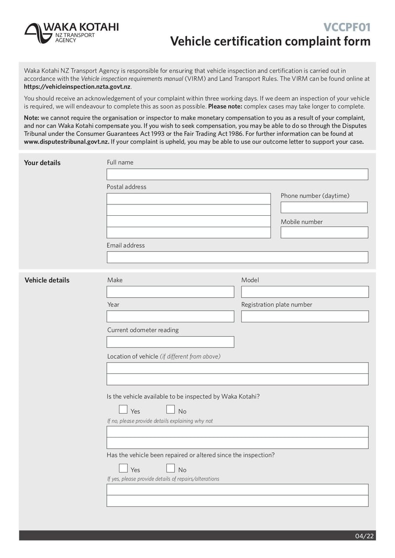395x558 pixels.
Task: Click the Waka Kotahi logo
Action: (x=71, y=33)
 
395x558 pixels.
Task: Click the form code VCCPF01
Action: (x=347, y=27)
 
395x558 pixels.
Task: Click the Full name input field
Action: (x=237, y=174)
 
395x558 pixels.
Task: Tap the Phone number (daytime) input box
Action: (x=324, y=207)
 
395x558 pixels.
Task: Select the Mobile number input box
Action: (x=324, y=232)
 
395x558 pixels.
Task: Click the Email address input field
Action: (x=237, y=257)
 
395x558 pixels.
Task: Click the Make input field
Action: (x=170, y=292)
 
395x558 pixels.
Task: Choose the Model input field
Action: (x=305, y=292)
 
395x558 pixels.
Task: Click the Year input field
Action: (x=170, y=317)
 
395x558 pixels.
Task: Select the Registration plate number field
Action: (x=305, y=317)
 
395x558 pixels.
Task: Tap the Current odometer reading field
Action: (x=170, y=342)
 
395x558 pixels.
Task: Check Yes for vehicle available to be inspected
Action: (x=123, y=409)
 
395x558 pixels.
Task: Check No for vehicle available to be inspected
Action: (x=170, y=409)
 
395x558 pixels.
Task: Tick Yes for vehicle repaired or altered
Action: (x=123, y=468)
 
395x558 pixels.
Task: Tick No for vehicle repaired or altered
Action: (x=170, y=468)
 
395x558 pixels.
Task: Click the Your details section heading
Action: (x=42, y=163)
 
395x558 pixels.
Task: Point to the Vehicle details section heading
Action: (x=47, y=280)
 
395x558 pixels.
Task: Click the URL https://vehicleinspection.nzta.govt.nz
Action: (x=77, y=86)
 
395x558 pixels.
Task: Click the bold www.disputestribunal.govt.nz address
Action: (x=66, y=142)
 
